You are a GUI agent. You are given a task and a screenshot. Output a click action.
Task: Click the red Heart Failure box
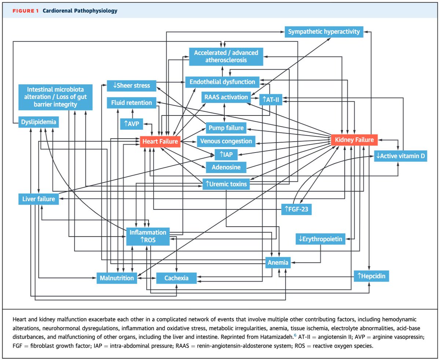tap(160, 141)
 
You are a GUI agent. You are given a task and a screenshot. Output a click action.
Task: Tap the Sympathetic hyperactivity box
tap(324, 32)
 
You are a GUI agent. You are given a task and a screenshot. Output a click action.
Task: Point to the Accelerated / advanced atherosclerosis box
tap(226, 56)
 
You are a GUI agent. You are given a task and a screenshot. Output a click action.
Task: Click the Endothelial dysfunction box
tap(223, 81)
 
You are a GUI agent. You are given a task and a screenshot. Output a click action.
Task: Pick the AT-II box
tap(270, 99)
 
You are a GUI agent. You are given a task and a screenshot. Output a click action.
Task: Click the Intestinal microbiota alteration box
tap(55, 97)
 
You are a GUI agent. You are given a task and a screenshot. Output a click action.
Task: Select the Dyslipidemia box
tap(38, 122)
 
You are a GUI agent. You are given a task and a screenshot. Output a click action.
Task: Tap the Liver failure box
tap(38, 199)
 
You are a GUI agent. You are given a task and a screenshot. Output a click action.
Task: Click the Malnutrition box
tap(117, 278)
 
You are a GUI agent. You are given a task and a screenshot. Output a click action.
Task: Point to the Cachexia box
tap(176, 278)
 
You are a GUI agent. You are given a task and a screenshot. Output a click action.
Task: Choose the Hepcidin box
tap(371, 276)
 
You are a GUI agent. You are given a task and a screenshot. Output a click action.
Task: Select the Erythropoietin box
tap(321, 239)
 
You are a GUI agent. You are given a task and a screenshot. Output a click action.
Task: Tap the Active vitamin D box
tap(401, 156)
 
